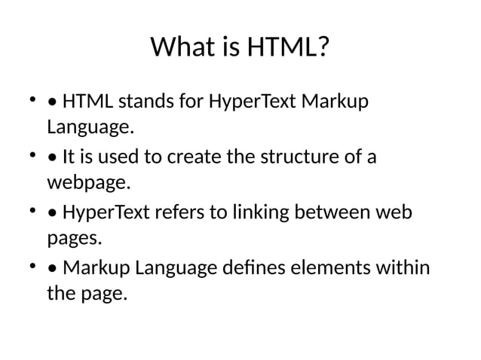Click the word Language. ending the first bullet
(x=90, y=127)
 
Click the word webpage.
(x=89, y=183)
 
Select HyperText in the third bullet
(x=105, y=213)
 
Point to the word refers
(x=178, y=213)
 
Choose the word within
(x=403, y=269)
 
